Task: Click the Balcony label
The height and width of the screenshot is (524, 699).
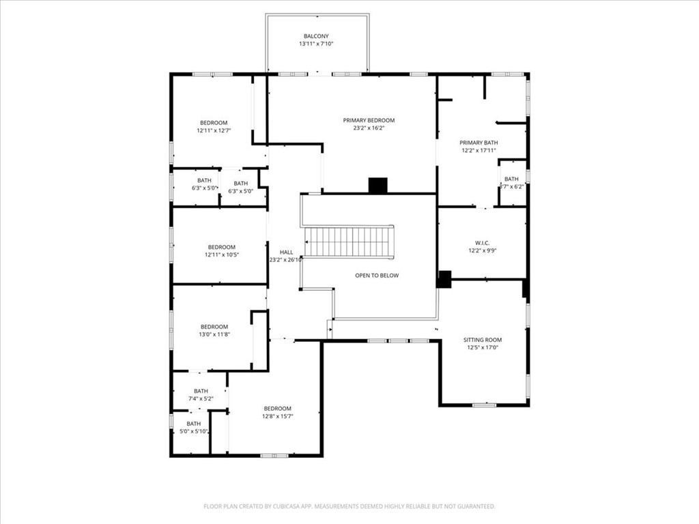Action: (317, 36)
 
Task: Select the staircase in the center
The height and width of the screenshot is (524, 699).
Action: (349, 242)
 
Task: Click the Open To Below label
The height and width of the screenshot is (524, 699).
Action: (376, 275)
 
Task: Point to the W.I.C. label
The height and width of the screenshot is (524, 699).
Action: (482, 243)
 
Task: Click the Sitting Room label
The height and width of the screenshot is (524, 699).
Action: (482, 340)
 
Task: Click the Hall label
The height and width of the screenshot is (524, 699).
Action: (276, 252)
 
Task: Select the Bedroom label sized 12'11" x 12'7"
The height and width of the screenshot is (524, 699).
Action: (214, 123)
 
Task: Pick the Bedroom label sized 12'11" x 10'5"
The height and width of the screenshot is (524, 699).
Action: (221, 247)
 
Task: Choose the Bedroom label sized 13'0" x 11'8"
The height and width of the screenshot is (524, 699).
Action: (214, 327)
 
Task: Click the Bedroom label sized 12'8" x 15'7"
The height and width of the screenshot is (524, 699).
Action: (277, 409)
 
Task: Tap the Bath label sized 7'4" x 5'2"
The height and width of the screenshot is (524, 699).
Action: (201, 391)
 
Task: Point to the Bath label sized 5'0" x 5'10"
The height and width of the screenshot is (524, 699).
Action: (194, 424)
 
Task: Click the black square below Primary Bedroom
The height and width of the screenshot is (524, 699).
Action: (377, 185)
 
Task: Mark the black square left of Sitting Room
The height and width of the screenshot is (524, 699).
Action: (444, 279)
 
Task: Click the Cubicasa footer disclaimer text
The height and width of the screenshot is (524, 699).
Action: (349, 506)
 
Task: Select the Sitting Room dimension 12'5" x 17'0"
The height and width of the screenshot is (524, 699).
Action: (482, 347)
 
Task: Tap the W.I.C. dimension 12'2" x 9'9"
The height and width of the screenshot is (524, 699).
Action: (482, 250)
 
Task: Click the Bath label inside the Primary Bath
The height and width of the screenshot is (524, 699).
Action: (511, 179)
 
